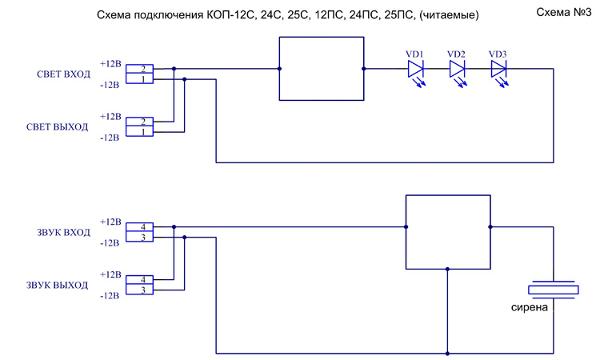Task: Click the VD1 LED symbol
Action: click(416, 70)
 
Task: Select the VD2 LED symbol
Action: click(458, 70)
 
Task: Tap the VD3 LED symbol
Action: click(498, 70)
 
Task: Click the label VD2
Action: click(457, 54)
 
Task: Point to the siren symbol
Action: click(553, 290)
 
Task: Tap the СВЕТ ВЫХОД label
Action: click(57, 127)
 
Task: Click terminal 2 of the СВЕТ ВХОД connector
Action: click(142, 70)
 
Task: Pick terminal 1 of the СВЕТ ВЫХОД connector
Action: click(142, 132)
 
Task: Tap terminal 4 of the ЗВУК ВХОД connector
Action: click(142, 227)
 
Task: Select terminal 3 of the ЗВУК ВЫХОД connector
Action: click(142, 290)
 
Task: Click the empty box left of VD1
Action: click(321, 69)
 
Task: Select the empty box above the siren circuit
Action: click(448, 231)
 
